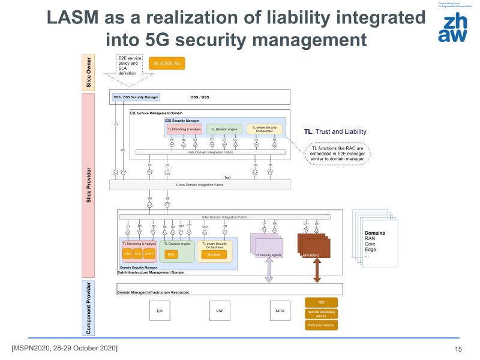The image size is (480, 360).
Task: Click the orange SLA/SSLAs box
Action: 168,63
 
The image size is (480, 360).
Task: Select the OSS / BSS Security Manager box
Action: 136,97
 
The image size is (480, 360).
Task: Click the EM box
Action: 160,311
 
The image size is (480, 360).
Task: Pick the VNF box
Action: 219,311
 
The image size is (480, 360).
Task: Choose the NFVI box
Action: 280,311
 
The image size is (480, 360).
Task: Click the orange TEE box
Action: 321,303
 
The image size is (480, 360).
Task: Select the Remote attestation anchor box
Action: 321,314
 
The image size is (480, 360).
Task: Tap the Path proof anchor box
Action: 321,325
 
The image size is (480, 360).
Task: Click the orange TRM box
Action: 127,254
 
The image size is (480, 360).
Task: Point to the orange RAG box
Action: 171,254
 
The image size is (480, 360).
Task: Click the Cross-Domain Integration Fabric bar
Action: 225,185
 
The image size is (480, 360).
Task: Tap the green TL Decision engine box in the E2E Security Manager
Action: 224,129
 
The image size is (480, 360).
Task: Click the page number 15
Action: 458,349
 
